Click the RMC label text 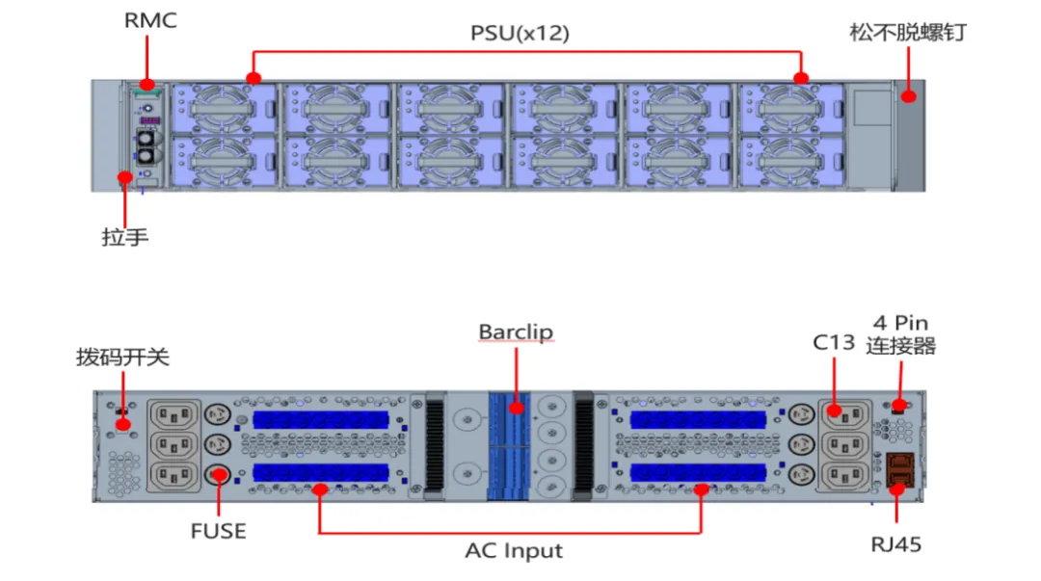pyautogui.click(x=150, y=20)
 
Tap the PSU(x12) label pyautogui.click(x=520, y=33)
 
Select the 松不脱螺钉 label pyautogui.click(x=908, y=32)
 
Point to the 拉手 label pyautogui.click(x=124, y=236)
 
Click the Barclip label pyautogui.click(x=516, y=332)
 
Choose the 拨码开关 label pyautogui.click(x=122, y=357)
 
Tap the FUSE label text pyautogui.click(x=219, y=531)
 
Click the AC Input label pyautogui.click(x=514, y=550)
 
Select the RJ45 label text pyautogui.click(x=896, y=544)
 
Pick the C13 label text pyautogui.click(x=834, y=342)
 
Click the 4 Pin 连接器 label pyautogui.click(x=901, y=334)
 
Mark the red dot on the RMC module pyautogui.click(x=147, y=85)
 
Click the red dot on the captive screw pyautogui.click(x=908, y=96)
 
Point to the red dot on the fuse pyautogui.click(x=219, y=475)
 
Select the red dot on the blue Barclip pyautogui.click(x=516, y=407)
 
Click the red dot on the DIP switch pyautogui.click(x=122, y=424)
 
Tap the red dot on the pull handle pyautogui.click(x=124, y=177)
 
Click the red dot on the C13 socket pyautogui.click(x=834, y=411)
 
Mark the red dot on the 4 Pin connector pyautogui.click(x=899, y=405)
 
